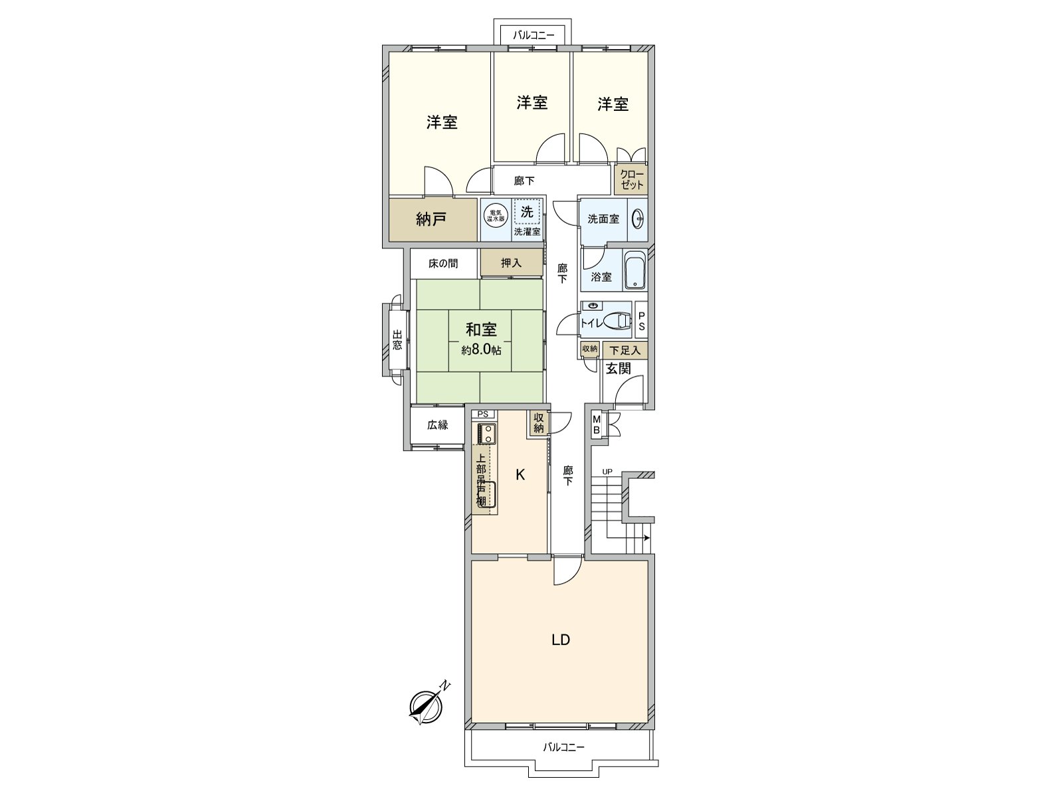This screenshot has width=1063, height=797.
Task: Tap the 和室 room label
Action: pyautogui.click(x=481, y=329)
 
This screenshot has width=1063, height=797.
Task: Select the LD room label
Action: pyautogui.click(x=561, y=640)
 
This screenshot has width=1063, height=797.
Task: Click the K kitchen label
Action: pyautogui.click(x=521, y=474)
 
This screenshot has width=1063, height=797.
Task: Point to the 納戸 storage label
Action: pyautogui.click(x=431, y=219)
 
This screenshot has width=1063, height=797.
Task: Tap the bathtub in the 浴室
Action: pyautogui.click(x=636, y=271)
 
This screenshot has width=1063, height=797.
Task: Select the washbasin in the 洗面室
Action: pyautogui.click(x=637, y=219)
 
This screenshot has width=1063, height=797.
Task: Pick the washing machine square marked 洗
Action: pyautogui.click(x=527, y=213)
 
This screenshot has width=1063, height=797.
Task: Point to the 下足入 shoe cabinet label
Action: pyautogui.click(x=625, y=350)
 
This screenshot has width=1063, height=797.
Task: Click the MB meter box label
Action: pyautogui.click(x=597, y=424)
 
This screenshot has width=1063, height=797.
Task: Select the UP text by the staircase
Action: pyautogui.click(x=607, y=472)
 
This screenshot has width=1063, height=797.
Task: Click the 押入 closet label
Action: pyautogui.click(x=511, y=263)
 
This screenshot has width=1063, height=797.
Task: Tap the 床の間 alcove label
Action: pyautogui.click(x=442, y=264)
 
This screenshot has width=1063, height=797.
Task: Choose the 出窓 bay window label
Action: pyautogui.click(x=397, y=340)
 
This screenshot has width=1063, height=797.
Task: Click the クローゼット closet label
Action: pyautogui.click(x=632, y=180)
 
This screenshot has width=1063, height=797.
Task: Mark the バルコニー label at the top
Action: pyautogui.click(x=532, y=35)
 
